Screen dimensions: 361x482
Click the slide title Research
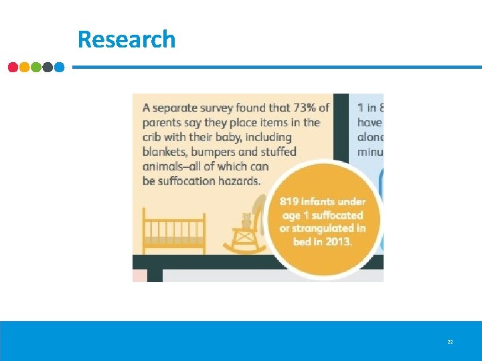click(127, 39)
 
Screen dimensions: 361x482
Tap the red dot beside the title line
click(13, 68)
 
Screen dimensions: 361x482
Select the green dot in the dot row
click(36, 68)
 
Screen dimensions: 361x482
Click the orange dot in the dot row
click(25, 68)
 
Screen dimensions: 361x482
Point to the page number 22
click(450, 342)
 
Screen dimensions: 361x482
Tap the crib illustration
click(174, 231)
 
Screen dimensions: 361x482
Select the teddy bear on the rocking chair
click(246, 220)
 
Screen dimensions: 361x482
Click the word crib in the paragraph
click(153, 137)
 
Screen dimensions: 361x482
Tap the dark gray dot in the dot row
click(48, 68)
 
